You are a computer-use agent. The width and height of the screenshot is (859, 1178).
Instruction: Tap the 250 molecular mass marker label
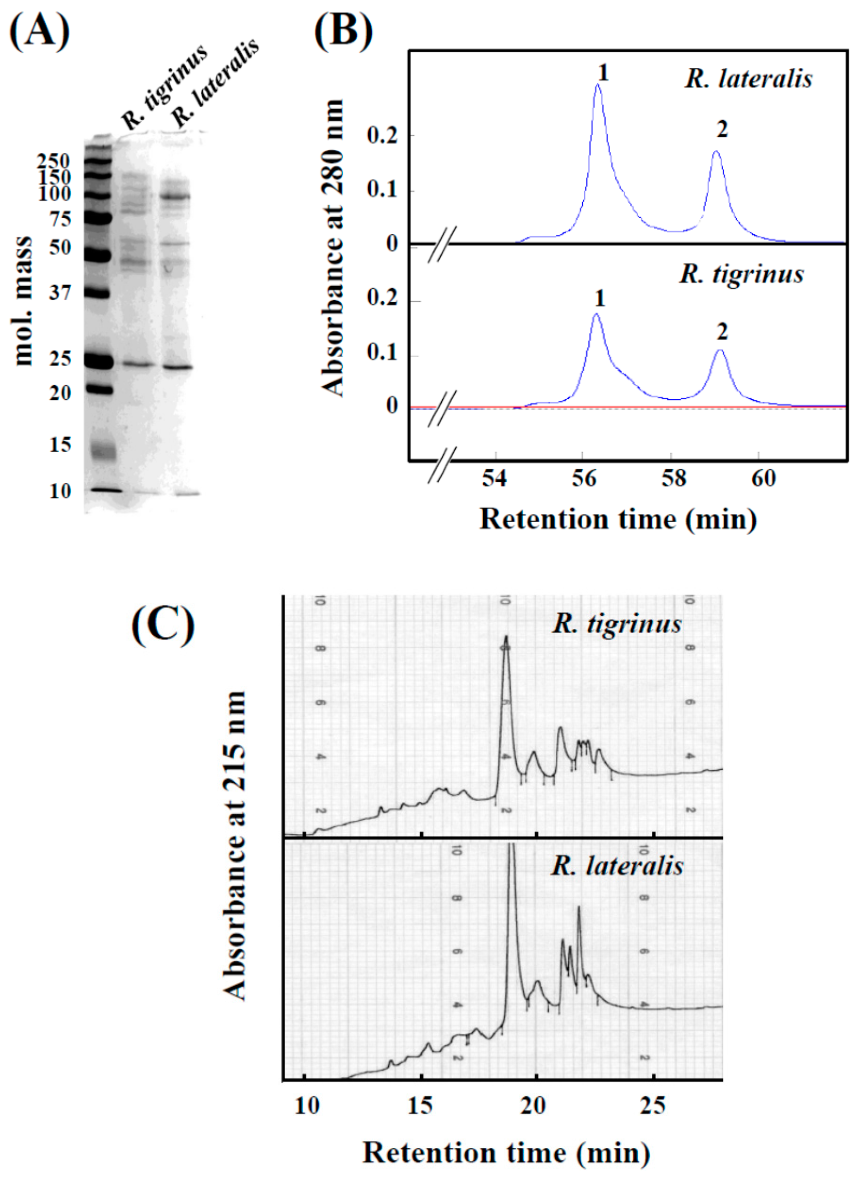54,162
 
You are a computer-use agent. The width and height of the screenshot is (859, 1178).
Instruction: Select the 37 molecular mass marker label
60,294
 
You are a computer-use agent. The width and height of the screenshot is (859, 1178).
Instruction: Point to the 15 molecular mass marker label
60,445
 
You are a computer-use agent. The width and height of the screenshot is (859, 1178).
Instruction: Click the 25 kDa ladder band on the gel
99,361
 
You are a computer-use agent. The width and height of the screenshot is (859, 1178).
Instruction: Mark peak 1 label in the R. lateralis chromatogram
603,73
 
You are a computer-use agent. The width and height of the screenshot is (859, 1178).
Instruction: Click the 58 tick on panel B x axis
673,478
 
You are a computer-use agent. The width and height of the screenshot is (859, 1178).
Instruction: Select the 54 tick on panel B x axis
495,478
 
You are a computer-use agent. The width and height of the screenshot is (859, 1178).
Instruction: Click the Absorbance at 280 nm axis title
333,248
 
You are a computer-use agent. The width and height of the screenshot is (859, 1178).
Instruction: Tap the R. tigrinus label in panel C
617,624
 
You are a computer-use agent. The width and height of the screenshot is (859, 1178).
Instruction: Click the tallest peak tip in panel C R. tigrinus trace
505,636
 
